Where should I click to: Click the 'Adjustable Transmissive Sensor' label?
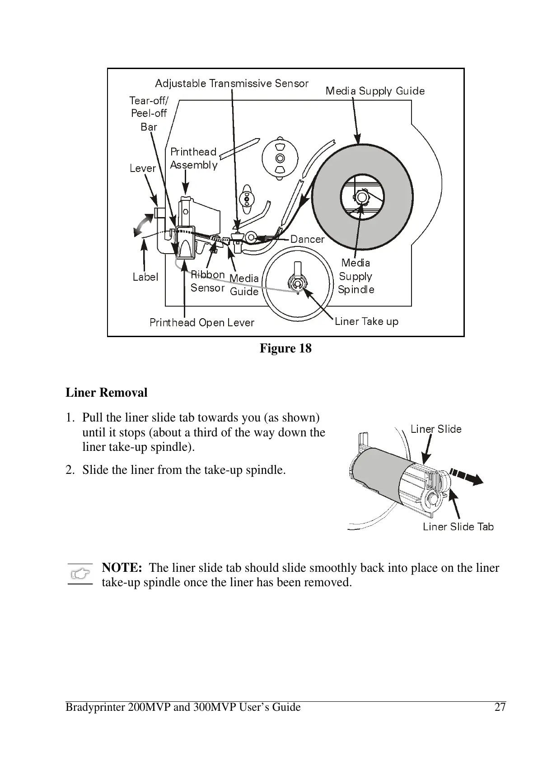coord(231,83)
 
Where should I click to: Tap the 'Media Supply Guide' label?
coord(375,91)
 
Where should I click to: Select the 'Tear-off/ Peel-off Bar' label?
coord(149,113)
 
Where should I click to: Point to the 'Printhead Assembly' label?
coord(193,158)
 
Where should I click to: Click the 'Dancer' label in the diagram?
coord(307,239)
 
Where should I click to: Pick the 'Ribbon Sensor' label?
coord(207,281)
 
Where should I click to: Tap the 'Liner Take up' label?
coord(366,321)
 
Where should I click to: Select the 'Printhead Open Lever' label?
coord(201,323)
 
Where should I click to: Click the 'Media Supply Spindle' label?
coord(356,276)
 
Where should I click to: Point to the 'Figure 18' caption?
coord(285,348)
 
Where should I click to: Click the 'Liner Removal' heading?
coord(107,393)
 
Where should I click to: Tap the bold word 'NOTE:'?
coord(122,568)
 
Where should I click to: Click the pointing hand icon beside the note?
coord(80,574)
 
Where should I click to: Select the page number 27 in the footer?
coord(500,707)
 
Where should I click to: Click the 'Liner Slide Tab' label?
coord(458,527)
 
